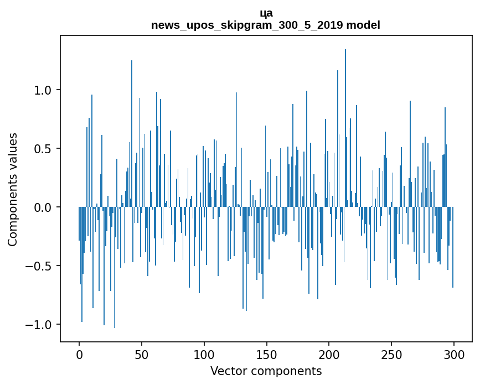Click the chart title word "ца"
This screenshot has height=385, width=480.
pyautogui.click(x=266, y=13)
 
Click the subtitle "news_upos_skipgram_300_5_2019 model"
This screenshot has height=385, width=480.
pyautogui.click(x=266, y=25)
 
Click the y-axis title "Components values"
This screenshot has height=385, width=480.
pyautogui.click(x=13, y=189)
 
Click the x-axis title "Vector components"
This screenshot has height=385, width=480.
pyautogui.click(x=266, y=371)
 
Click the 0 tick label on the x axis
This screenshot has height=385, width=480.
pyautogui.click(x=79, y=354)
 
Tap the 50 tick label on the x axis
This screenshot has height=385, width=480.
pyautogui.click(x=142, y=354)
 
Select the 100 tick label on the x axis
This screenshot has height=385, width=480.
pyautogui.click(x=204, y=354)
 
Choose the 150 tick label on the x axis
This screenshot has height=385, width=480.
pyautogui.click(x=266, y=354)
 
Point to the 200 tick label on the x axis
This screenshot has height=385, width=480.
pyautogui.click(x=329, y=354)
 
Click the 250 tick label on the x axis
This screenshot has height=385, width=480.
pyautogui.click(x=391, y=354)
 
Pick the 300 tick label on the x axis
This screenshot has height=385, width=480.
pyautogui.click(x=454, y=354)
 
